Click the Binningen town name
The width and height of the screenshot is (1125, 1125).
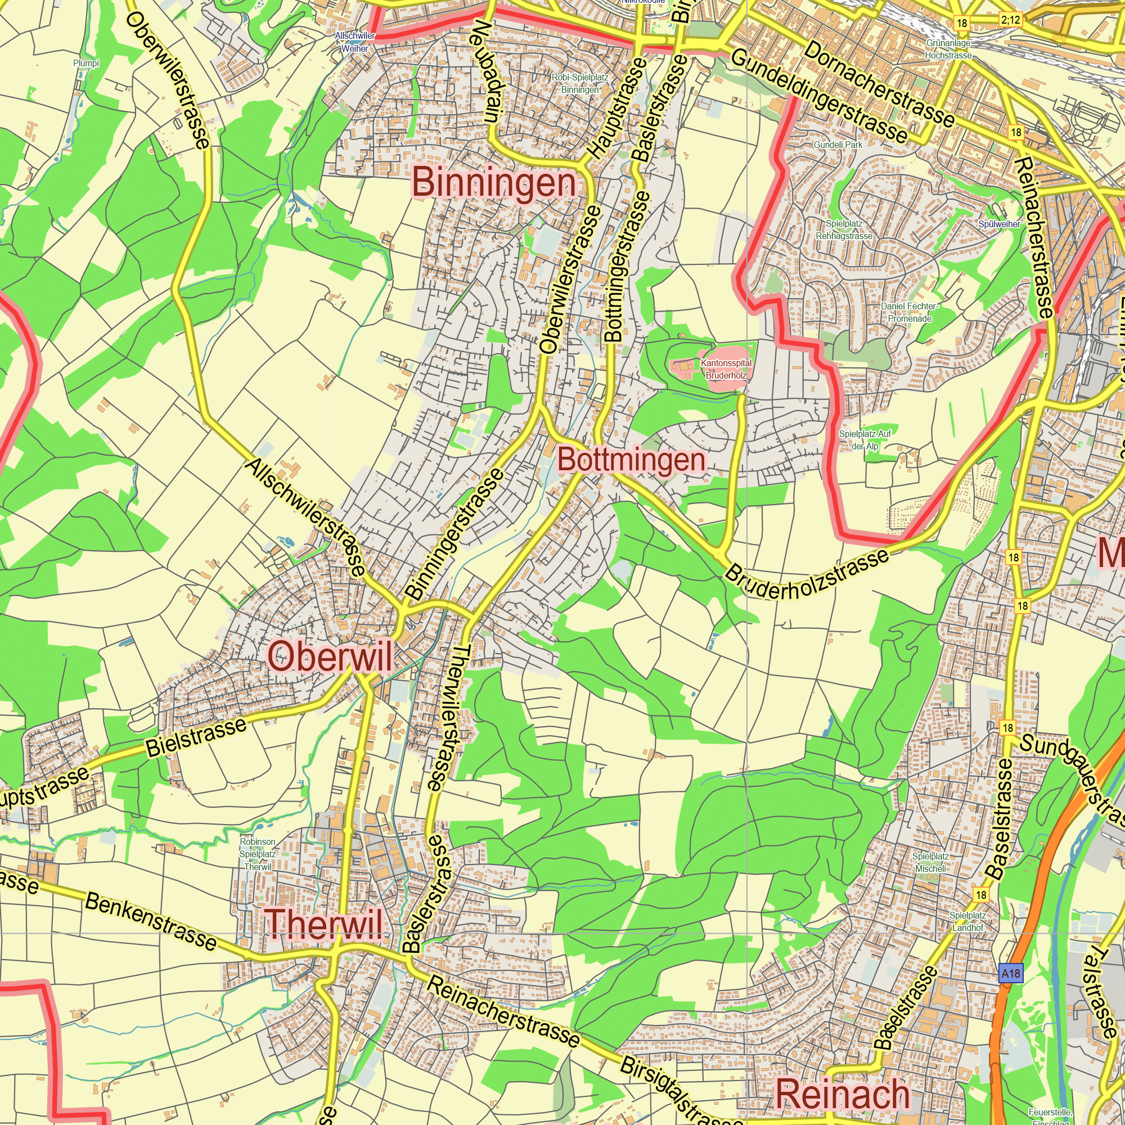(494, 182)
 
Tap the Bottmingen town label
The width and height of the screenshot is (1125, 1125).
(631, 460)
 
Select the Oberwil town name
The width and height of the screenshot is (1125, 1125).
(330, 658)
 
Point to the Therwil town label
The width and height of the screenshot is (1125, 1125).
(325, 924)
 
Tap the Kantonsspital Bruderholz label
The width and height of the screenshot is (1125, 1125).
(726, 369)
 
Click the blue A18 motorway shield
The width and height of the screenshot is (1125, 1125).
(1011, 973)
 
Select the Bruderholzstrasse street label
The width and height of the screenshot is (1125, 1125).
(807, 575)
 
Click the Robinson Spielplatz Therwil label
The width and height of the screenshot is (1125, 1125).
(258, 854)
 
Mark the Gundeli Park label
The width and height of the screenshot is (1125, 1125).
(838, 145)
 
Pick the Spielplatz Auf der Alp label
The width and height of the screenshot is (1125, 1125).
(865, 440)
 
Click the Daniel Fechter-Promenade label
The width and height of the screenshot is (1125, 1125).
(910, 312)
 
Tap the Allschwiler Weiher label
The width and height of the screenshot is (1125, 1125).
(354, 42)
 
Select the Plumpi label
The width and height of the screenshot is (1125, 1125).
(86, 63)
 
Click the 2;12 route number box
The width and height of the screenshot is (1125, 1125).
(1010, 20)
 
